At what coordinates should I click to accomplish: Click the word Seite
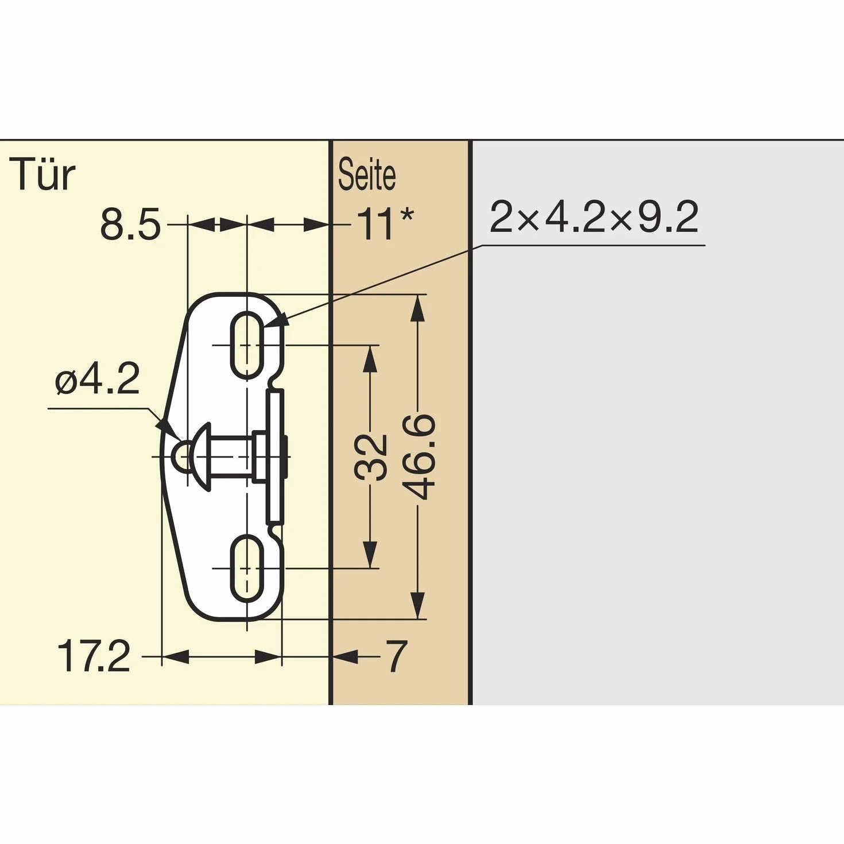(x=367, y=175)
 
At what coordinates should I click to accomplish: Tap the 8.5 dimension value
(x=130, y=224)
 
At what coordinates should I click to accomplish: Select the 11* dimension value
(x=385, y=224)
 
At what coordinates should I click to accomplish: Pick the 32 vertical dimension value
(x=370, y=457)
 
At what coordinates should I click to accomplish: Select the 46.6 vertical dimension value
(x=419, y=457)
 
